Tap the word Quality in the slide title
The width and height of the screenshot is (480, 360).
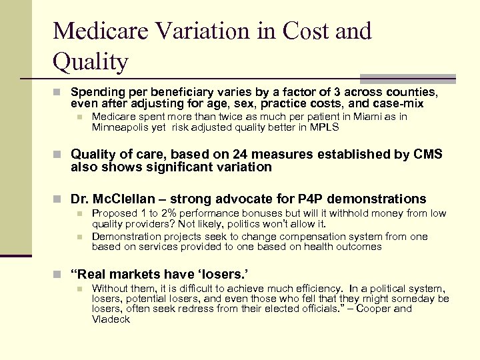90,63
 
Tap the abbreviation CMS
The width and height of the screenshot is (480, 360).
427,154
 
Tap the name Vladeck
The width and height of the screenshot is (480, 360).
111,319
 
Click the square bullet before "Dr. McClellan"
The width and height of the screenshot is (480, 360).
60,199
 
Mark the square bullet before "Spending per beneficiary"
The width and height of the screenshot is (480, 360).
60,92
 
